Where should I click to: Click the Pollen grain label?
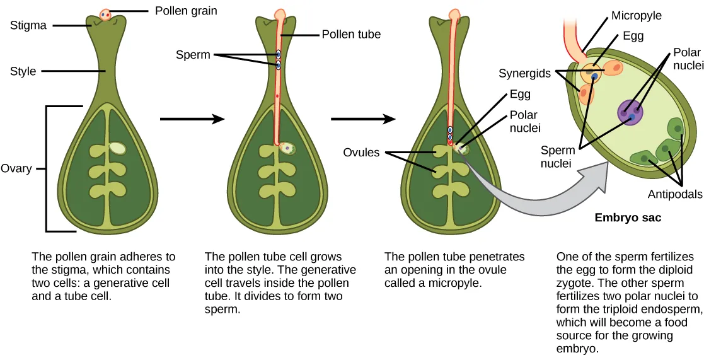185,11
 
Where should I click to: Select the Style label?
23,71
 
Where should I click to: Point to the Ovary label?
16,169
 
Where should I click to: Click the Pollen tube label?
351,34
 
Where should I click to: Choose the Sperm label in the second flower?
193,55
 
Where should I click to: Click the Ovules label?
361,153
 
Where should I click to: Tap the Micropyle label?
636,15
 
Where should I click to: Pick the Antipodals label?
674,194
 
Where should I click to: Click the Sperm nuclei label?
558,157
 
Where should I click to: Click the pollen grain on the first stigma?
105,14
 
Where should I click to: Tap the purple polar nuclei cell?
631,112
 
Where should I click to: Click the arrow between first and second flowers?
192,118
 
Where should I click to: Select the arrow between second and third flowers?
363,118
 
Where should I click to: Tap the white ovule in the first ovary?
117,148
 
